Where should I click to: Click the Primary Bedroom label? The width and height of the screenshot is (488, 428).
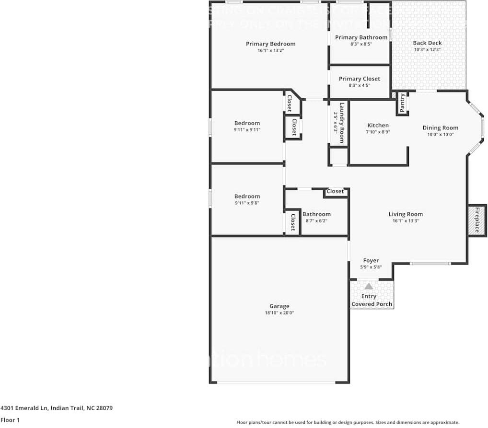point(270,44)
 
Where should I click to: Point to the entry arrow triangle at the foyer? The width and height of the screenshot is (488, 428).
point(369,286)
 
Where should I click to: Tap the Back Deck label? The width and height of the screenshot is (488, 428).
point(427,43)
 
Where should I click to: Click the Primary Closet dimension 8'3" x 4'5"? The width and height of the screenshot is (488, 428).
point(359,85)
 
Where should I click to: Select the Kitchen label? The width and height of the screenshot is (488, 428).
point(378,126)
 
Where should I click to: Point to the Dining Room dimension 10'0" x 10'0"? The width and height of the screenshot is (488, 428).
point(440,134)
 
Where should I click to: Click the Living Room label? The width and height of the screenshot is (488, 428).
point(406,214)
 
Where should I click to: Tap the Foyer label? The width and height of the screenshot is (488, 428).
point(371,261)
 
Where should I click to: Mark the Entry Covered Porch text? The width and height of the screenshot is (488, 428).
point(372,300)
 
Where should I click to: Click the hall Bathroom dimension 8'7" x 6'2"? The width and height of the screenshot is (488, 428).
point(316,221)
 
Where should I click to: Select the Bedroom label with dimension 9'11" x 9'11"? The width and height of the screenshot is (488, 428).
point(247,123)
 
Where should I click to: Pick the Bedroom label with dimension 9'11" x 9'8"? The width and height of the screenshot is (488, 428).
point(247,196)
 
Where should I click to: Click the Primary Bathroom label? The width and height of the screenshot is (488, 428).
point(361,37)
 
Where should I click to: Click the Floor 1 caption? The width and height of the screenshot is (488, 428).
point(10,420)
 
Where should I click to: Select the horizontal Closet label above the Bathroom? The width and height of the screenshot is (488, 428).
point(335,191)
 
